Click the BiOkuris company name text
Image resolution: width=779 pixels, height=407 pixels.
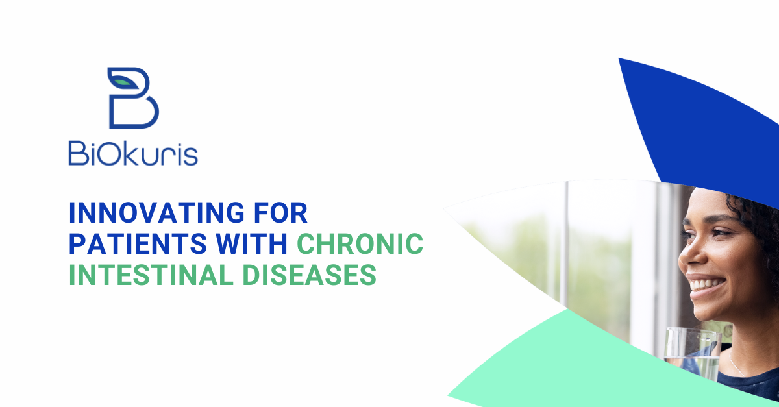pos(133,153)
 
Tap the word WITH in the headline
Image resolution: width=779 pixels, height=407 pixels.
pos(252,243)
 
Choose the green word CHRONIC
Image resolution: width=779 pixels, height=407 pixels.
pos(360,243)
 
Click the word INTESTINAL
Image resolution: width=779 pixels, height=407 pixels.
pos(151,275)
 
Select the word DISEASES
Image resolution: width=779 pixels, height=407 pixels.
pos(309,275)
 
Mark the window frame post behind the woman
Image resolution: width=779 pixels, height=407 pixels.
pos(566,243)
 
